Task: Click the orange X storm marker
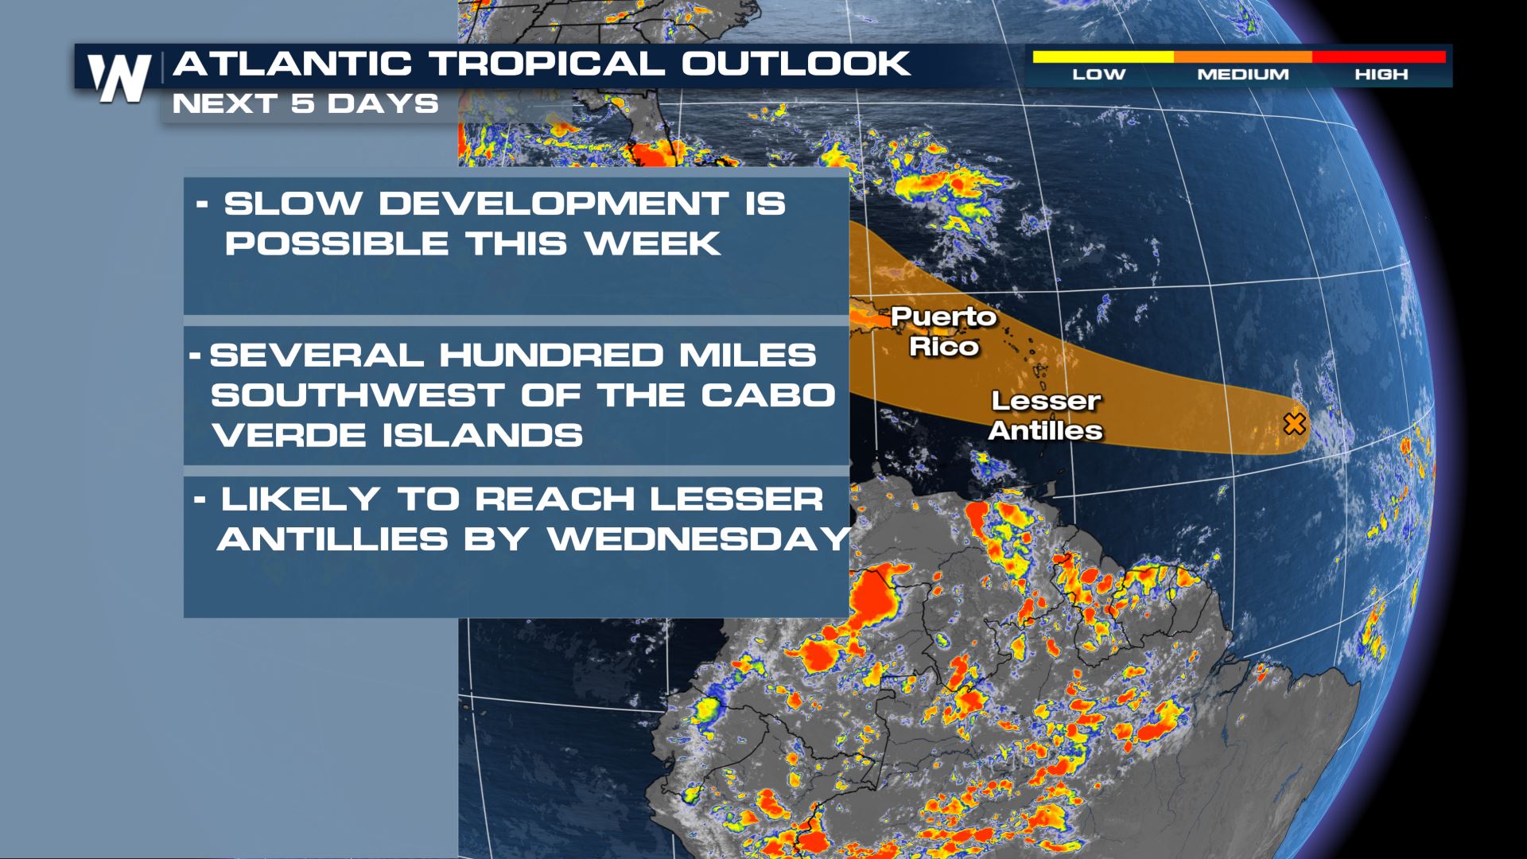click(1295, 423)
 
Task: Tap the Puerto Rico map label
click(943, 331)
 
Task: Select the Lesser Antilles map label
click(1045, 415)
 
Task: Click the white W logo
click(119, 78)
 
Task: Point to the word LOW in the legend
click(1099, 74)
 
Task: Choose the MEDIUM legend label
click(1243, 74)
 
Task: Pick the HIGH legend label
click(1381, 74)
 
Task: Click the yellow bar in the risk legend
click(1103, 56)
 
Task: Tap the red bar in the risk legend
click(1378, 56)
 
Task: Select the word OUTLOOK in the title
click(796, 64)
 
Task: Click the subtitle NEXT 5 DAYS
click(305, 103)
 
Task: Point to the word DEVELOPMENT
click(554, 204)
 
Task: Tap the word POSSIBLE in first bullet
click(336, 243)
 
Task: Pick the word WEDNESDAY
click(700, 539)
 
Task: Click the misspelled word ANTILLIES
click(332, 539)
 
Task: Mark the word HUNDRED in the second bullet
click(550, 355)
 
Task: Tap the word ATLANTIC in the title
click(292, 64)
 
